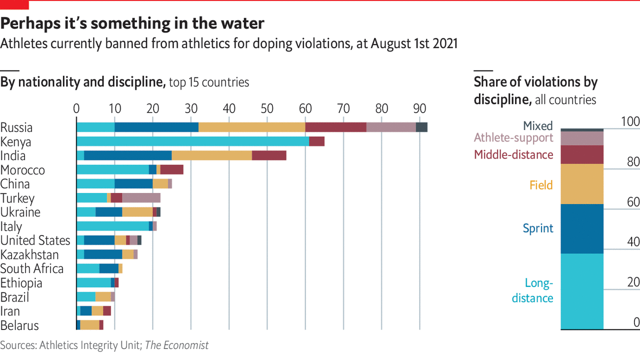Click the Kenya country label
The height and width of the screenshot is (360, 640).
tap(15, 142)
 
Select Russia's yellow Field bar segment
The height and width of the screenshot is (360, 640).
tap(251, 127)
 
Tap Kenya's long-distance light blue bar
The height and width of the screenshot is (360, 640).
tap(192, 141)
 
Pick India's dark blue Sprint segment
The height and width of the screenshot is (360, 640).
tap(128, 155)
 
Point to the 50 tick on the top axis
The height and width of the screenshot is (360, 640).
tap(267, 107)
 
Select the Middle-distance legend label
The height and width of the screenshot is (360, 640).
tap(513, 154)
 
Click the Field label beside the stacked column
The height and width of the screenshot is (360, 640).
tap(541, 185)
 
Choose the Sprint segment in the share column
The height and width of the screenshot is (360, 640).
tap(582, 228)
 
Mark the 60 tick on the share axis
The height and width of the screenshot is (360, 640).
tap(632, 202)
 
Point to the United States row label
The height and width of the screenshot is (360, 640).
tap(35, 240)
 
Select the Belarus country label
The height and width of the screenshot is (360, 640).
tap(19, 325)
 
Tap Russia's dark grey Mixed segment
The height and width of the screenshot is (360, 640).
tap(421, 127)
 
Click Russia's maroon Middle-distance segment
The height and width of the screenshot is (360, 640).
tap(335, 127)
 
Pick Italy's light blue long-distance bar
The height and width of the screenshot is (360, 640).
tap(112, 226)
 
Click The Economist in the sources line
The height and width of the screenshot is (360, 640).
tap(176, 345)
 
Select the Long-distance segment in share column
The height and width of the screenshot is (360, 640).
tap(582, 291)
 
